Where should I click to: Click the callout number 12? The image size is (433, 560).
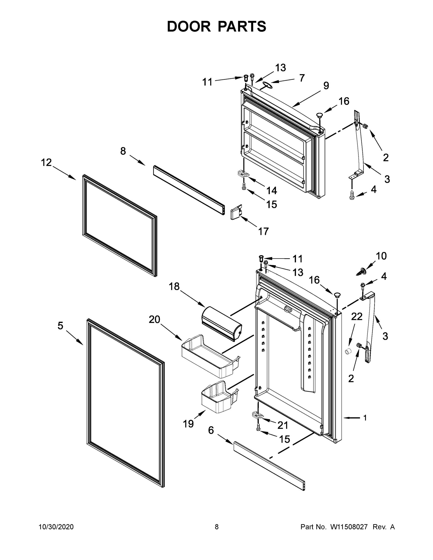[46, 162]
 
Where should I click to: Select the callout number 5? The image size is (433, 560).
[60, 326]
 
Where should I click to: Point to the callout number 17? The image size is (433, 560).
[264, 231]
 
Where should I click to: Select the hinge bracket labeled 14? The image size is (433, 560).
[243, 174]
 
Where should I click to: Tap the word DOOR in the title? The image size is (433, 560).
[189, 27]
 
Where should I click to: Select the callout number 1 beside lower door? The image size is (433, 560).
[365, 418]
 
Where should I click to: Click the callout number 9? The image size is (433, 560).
[326, 86]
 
